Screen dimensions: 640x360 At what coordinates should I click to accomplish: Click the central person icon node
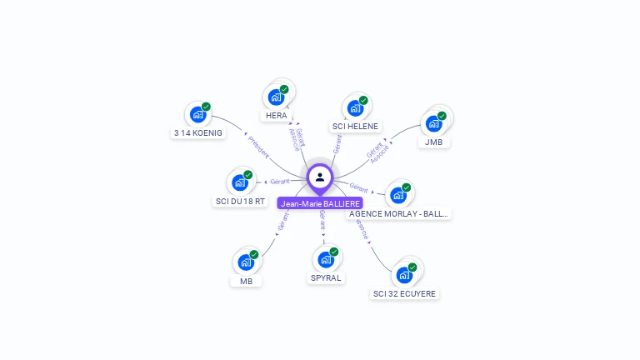[320, 177]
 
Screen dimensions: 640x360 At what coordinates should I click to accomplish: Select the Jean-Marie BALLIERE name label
[321, 203]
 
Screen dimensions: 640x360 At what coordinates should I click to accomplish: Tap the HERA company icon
[275, 97]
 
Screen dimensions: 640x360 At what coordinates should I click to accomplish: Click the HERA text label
[277, 116]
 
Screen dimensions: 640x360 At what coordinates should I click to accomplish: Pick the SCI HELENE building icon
[355, 107]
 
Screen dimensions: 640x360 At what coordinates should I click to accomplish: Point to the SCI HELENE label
[355, 127]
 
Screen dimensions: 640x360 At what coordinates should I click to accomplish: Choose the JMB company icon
[433, 123]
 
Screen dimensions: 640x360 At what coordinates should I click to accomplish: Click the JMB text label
[433, 142]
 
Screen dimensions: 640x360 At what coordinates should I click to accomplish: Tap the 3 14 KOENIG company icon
[197, 114]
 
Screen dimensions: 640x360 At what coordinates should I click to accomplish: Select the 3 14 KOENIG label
[198, 132]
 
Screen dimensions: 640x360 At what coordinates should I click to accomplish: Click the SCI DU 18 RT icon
[240, 182]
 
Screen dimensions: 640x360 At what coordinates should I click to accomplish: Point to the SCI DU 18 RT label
[240, 201]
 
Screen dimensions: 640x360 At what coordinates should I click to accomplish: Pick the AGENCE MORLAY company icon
[398, 195]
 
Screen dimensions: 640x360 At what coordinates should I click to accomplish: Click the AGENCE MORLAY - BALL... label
[398, 213]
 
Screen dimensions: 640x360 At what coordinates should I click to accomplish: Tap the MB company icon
[246, 262]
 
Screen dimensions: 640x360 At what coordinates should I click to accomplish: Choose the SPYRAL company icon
[326, 259]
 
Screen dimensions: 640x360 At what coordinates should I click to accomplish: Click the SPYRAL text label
[327, 277]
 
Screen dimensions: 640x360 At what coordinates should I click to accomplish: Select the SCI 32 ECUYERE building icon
[404, 275]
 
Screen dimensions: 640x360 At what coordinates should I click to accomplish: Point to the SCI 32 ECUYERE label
[404, 293]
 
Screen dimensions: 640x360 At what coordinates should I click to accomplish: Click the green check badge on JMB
[442, 116]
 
